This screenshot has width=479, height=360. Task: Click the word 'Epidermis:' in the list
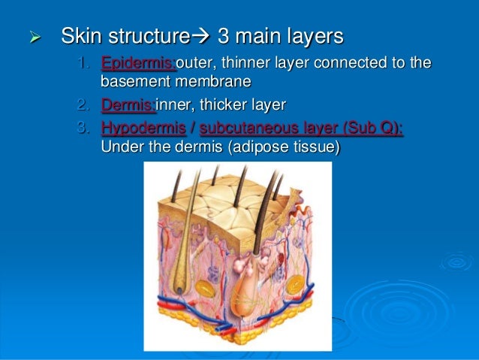137,62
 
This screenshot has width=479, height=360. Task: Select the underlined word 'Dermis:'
126,105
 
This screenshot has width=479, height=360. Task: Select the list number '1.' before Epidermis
86,62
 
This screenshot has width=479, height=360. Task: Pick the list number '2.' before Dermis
86,105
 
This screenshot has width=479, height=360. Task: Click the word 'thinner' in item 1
243,62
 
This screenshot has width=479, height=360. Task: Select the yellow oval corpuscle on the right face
295,283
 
